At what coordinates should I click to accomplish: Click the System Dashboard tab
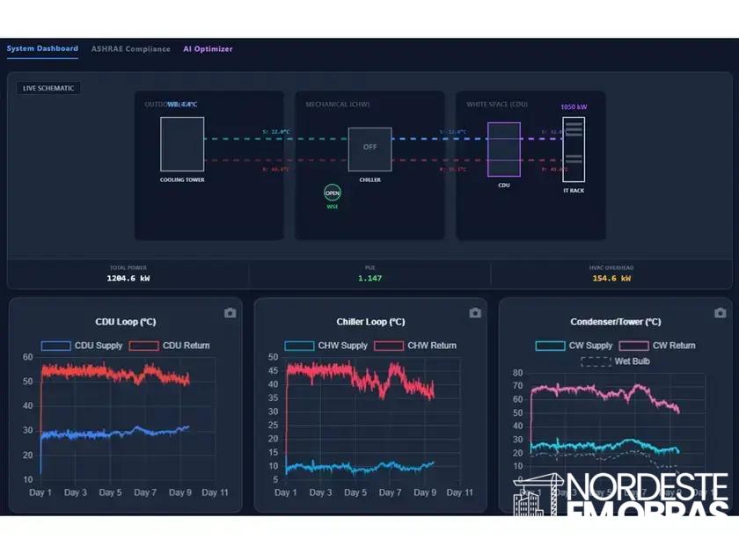pos(42,48)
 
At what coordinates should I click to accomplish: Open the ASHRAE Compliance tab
pos(131,49)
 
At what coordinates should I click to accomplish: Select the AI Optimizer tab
pos(208,49)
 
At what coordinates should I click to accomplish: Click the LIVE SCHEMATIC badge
pos(48,88)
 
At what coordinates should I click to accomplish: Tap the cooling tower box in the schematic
pos(182,143)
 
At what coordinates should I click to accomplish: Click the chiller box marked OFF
pos(369,149)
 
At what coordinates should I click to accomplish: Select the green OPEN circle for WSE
pos(332,193)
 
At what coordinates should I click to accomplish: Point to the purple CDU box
pos(503,149)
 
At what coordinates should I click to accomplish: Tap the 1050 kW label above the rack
pos(574,107)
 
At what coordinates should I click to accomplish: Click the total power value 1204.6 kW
pos(128,278)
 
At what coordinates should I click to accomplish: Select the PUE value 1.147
pos(369,278)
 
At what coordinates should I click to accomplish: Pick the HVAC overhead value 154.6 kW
pos(611,278)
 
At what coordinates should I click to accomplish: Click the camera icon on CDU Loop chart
pos(230,313)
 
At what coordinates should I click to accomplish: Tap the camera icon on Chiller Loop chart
pos(475,313)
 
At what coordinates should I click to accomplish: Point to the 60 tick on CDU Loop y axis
pos(27,357)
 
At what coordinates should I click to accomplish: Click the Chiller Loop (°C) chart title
pos(370,322)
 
